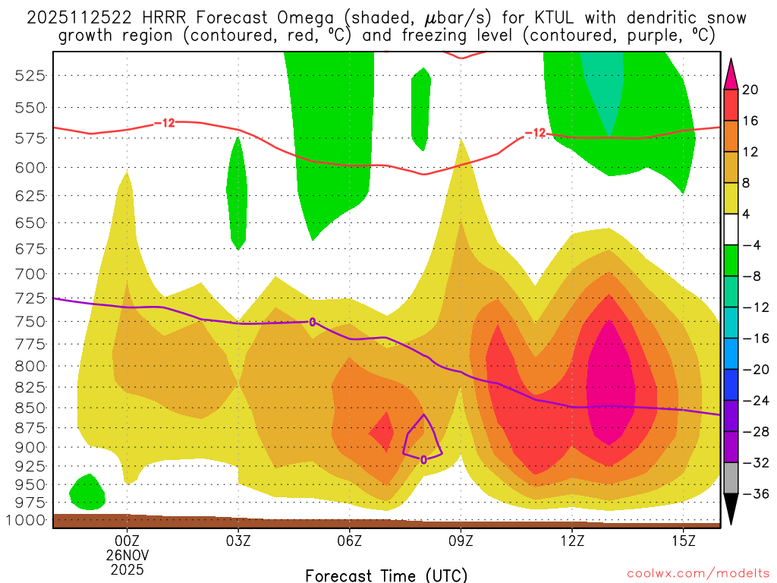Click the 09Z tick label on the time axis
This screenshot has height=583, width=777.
point(461,540)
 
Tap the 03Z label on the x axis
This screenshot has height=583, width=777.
point(238,540)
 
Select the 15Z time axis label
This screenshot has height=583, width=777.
point(684,540)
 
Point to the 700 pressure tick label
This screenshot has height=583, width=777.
point(31,273)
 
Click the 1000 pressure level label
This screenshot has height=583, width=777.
point(28,521)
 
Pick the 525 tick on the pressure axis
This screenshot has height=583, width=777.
point(31,75)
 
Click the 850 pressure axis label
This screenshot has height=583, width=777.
point(31,408)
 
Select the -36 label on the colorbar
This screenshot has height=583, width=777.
point(754,494)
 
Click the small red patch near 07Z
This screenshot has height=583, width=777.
point(382,433)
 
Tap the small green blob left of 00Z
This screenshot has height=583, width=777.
point(87,493)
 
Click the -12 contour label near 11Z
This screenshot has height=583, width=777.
point(535,133)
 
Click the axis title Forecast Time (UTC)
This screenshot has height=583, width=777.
point(386,575)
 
